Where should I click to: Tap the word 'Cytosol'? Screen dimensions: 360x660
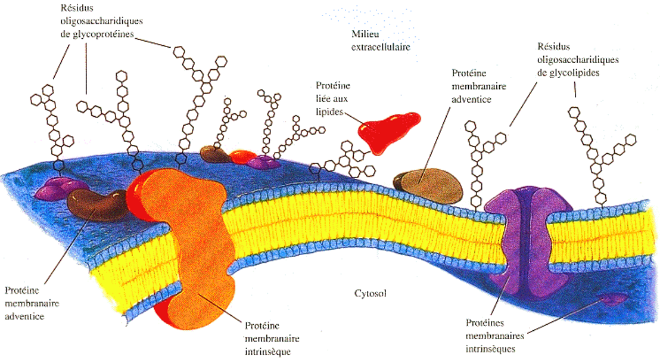click(x=371, y=294)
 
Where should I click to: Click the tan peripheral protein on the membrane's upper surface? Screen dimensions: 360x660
click(x=429, y=183)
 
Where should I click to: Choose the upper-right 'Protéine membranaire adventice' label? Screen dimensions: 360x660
click(x=478, y=86)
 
